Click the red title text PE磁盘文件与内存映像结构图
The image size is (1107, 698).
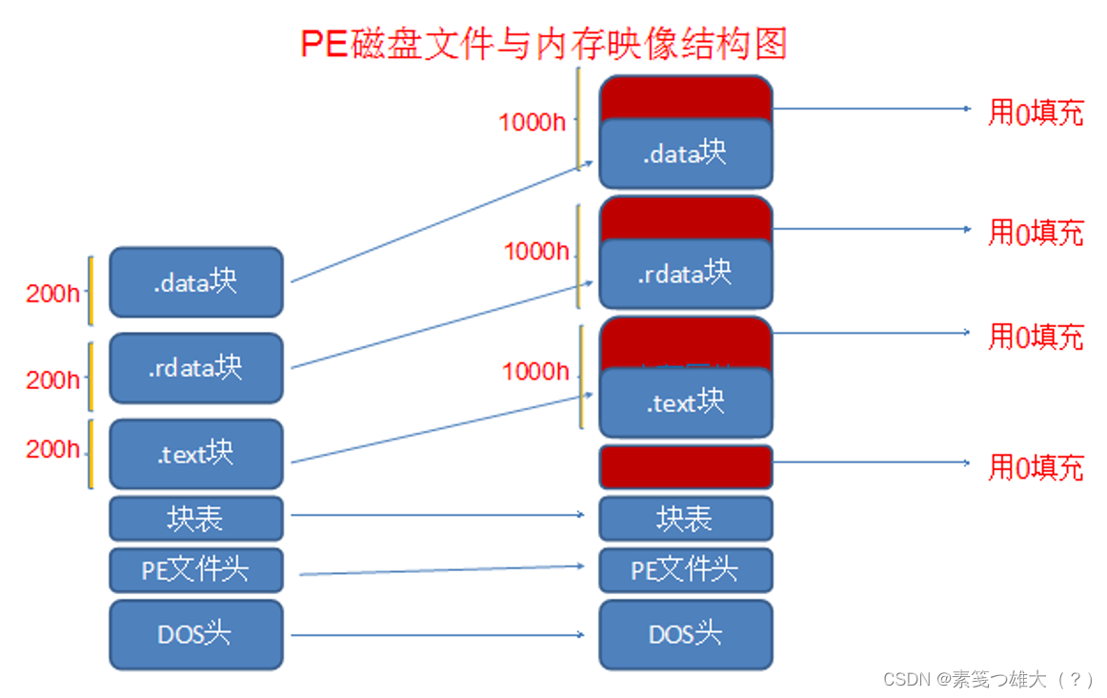pyautogui.click(x=544, y=44)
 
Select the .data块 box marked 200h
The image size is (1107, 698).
pyautogui.click(x=196, y=282)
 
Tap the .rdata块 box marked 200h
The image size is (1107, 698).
pyautogui.click(x=196, y=367)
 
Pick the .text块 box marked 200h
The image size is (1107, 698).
pyautogui.click(x=196, y=454)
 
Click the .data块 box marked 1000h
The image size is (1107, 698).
pyautogui.click(x=685, y=153)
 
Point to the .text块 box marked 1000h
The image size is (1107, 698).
pyautogui.click(x=685, y=402)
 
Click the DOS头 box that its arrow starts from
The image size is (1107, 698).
pyautogui.click(x=196, y=634)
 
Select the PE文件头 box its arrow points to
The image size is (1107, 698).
pyautogui.click(x=685, y=570)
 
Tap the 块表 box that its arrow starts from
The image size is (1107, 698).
pyautogui.click(x=196, y=519)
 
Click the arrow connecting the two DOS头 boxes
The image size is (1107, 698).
pyautogui.click(x=438, y=634)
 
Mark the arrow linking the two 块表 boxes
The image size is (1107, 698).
pyautogui.click(x=438, y=515)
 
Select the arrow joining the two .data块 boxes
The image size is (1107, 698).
pyautogui.click(x=438, y=223)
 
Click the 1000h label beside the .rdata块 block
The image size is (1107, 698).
pyautogui.click(x=536, y=251)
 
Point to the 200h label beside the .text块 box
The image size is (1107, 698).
pyautogui.click(x=53, y=449)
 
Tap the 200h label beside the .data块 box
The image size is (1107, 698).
pyautogui.click(x=53, y=293)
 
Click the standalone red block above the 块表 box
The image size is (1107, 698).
pyautogui.click(x=685, y=466)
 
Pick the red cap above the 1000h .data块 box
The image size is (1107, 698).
pyautogui.click(x=685, y=96)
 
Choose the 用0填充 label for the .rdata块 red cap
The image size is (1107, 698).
pyautogui.click(x=1036, y=233)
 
